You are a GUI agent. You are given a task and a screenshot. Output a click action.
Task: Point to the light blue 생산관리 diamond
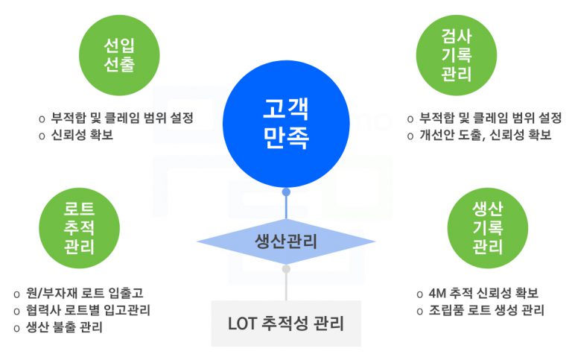tap(286, 241)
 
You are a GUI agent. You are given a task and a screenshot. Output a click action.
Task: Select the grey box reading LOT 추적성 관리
tap(286, 323)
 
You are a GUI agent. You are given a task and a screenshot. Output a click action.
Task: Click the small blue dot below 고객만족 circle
tap(286, 192)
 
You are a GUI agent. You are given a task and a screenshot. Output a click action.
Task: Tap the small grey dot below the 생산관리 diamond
tap(286, 268)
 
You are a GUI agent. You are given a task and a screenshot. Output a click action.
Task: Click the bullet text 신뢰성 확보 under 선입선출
tap(82, 135)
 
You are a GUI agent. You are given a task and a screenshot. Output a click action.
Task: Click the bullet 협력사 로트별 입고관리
tap(93, 310)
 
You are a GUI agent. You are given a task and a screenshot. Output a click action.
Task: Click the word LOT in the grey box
tap(243, 323)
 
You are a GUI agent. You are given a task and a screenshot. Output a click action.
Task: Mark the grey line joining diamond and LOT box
tap(286, 287)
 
